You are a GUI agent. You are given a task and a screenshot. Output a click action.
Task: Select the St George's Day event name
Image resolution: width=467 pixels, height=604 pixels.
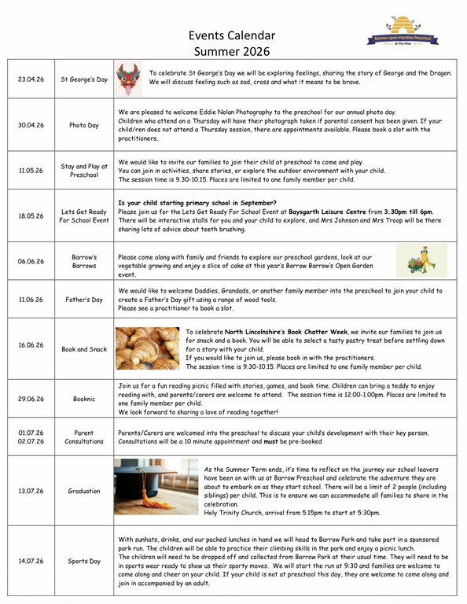83,79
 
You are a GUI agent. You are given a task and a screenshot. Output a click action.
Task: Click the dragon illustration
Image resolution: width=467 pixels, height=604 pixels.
127,78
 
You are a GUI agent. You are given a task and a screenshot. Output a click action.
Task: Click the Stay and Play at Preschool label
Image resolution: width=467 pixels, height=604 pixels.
83,171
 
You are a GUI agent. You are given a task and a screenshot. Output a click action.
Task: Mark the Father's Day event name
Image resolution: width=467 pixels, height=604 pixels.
83,300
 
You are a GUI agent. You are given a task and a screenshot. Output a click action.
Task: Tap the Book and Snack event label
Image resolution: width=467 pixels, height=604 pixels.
83,348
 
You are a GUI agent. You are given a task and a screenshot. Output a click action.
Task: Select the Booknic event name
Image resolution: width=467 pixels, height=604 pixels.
83,400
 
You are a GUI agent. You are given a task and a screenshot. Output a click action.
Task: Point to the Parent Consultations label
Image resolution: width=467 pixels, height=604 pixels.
83,436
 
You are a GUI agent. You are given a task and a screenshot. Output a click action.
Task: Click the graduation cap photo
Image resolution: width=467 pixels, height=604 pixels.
156,487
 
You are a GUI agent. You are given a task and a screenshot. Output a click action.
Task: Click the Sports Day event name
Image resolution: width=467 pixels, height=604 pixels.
83,562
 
